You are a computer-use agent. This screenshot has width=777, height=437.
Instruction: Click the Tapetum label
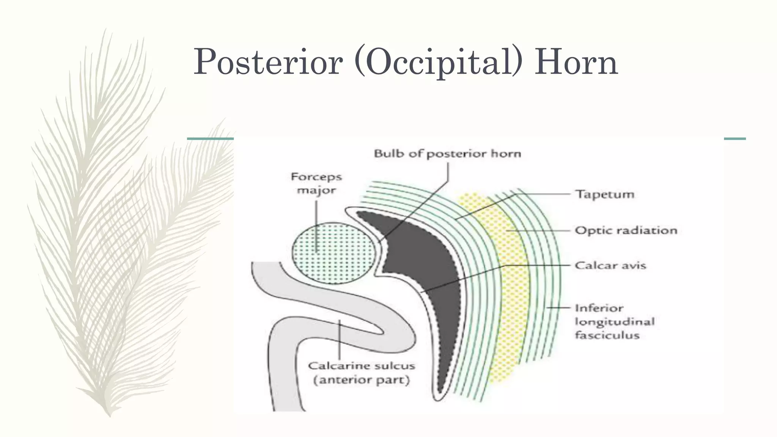click(605, 194)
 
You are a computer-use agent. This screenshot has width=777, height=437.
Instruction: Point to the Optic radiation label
click(626, 230)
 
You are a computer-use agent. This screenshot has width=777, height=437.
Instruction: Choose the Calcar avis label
click(610, 265)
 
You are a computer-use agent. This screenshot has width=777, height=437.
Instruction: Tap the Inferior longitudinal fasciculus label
click(615, 321)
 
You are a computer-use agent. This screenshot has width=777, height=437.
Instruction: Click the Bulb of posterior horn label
click(447, 154)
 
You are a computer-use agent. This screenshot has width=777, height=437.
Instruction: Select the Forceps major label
click(316, 183)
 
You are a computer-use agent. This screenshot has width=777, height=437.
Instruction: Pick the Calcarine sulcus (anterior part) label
click(362, 373)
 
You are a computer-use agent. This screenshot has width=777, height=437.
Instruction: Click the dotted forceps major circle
click(333, 253)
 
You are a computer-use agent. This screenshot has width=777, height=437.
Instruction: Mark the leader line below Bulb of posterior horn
click(448, 173)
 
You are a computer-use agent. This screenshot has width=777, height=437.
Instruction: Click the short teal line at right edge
click(735, 139)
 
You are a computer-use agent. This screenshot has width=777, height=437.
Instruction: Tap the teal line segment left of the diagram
click(210, 139)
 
